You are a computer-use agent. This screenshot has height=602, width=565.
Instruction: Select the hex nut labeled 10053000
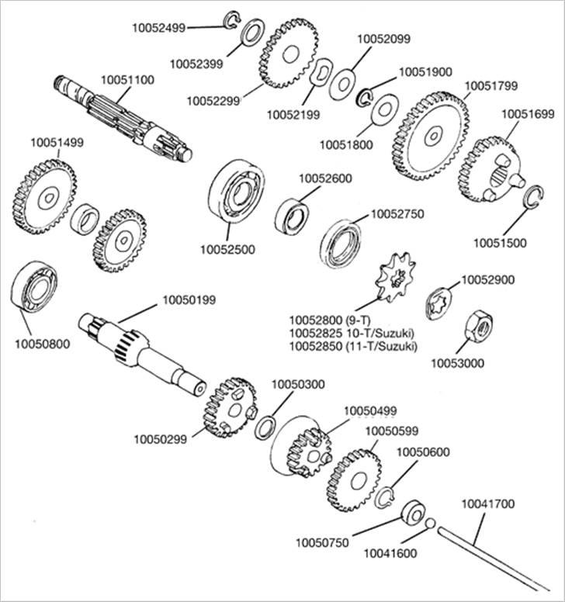[473, 330]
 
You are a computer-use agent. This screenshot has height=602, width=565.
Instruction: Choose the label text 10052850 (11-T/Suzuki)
[352, 345]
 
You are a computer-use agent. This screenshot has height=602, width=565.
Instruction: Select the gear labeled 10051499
[43, 195]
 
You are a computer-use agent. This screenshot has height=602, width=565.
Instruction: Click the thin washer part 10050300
[266, 425]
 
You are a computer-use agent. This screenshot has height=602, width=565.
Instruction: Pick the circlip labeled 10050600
[386, 496]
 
